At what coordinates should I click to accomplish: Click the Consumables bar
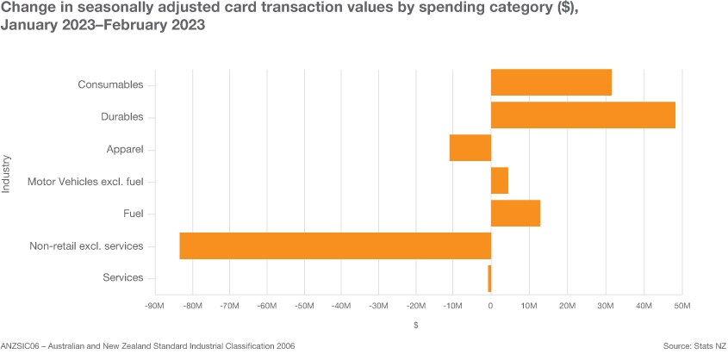(551, 83)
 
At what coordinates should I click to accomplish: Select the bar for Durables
(582, 115)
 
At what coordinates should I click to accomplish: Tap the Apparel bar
(470, 147)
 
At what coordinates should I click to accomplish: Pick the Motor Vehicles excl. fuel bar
(500, 180)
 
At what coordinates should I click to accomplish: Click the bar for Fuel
(515, 213)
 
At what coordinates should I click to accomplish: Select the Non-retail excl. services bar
(335, 245)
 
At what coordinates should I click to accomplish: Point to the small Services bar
(489, 278)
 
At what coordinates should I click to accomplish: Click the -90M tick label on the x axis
(155, 306)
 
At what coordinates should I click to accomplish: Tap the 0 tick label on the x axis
(490, 306)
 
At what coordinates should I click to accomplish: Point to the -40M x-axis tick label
(341, 306)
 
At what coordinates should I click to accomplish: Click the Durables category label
(134, 116)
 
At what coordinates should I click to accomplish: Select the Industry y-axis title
(7, 174)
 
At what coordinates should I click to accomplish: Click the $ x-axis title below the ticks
(416, 326)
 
